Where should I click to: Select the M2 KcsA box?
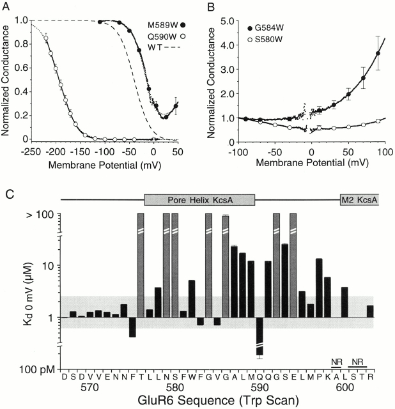pos(359,199)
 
